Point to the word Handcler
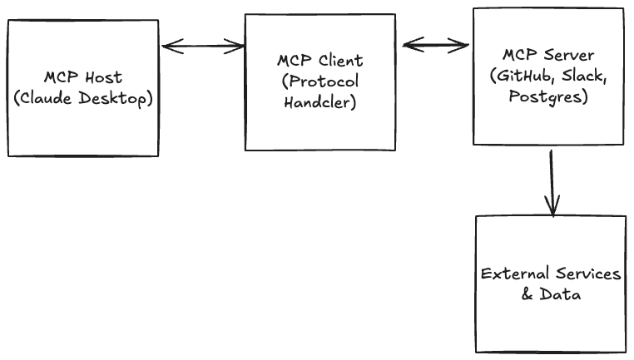point(319,103)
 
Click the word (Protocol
point(319,81)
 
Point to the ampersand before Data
point(527,295)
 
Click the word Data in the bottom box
point(557,295)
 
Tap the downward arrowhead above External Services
point(551,208)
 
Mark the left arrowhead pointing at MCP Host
point(166,46)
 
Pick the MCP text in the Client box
point(294,61)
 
